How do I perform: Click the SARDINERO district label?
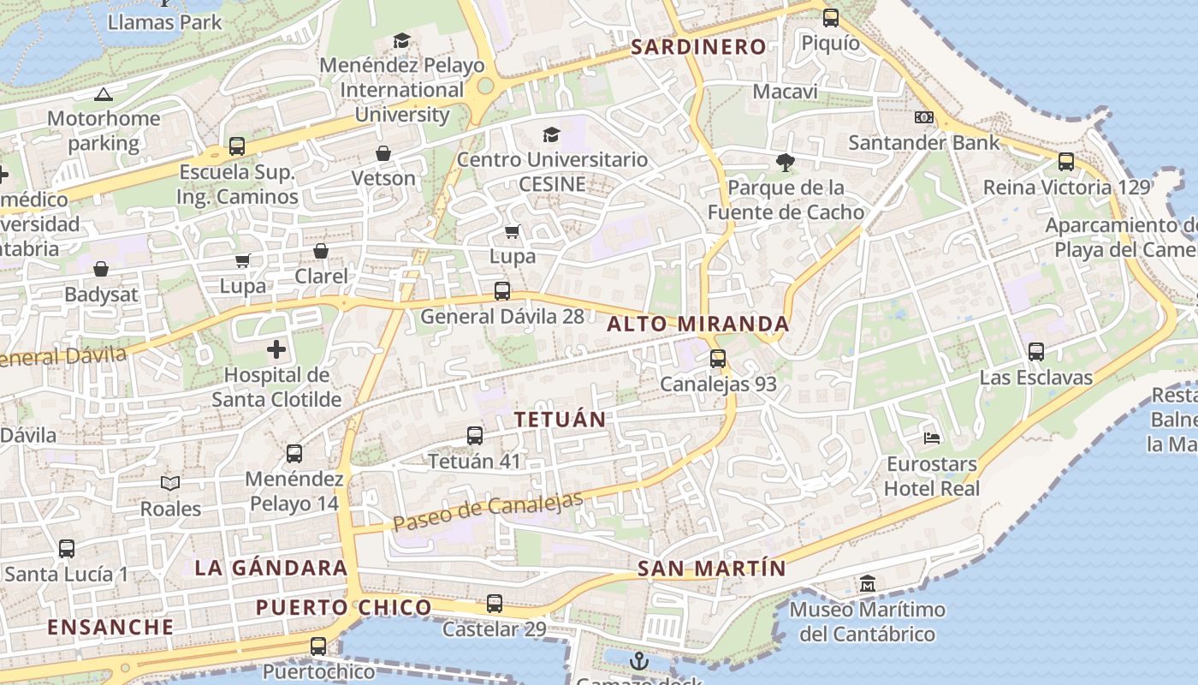click(697, 47)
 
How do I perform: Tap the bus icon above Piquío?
click(830, 17)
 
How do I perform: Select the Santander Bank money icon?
click(924, 117)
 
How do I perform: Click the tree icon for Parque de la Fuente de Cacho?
click(785, 162)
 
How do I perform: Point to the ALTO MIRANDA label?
click(698, 325)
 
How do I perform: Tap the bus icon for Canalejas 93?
click(718, 359)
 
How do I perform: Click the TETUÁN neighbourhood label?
click(560, 420)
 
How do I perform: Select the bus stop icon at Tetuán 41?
click(475, 436)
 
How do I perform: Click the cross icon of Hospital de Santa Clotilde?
click(276, 349)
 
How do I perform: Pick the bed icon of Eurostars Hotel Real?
click(932, 438)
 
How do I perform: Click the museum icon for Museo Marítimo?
click(867, 584)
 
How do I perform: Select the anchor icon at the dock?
click(638, 661)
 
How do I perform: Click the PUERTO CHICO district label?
click(344, 608)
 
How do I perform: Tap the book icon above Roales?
click(170, 484)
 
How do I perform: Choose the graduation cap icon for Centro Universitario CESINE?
click(551, 134)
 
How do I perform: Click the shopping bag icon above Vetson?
click(383, 153)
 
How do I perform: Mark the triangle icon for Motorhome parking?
click(104, 94)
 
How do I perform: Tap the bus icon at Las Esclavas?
click(1035, 351)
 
